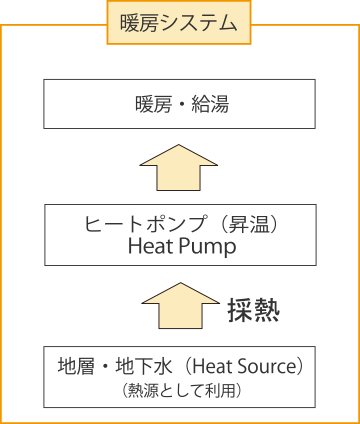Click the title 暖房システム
[178, 22]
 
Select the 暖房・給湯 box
[180, 103]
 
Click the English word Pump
[209, 247]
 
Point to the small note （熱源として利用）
[179, 387]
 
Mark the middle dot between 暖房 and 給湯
[180, 103]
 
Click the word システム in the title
[199, 22]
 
